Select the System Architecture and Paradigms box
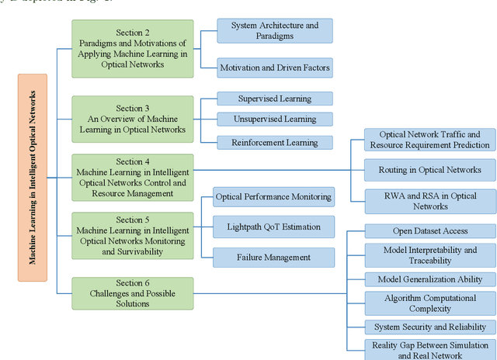click(274, 31)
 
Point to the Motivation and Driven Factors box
click(274, 68)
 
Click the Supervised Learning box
click(274, 99)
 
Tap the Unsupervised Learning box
click(274, 119)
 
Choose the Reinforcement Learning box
click(274, 142)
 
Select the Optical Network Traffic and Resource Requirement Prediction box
click(429, 140)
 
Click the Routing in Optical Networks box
click(429, 169)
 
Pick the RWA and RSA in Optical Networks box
click(429, 201)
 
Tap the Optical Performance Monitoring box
click(273, 197)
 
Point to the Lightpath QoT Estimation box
click(273, 227)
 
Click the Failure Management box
click(273, 258)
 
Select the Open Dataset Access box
click(429, 230)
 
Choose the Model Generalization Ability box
click(429, 279)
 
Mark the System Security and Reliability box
click(429, 327)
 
